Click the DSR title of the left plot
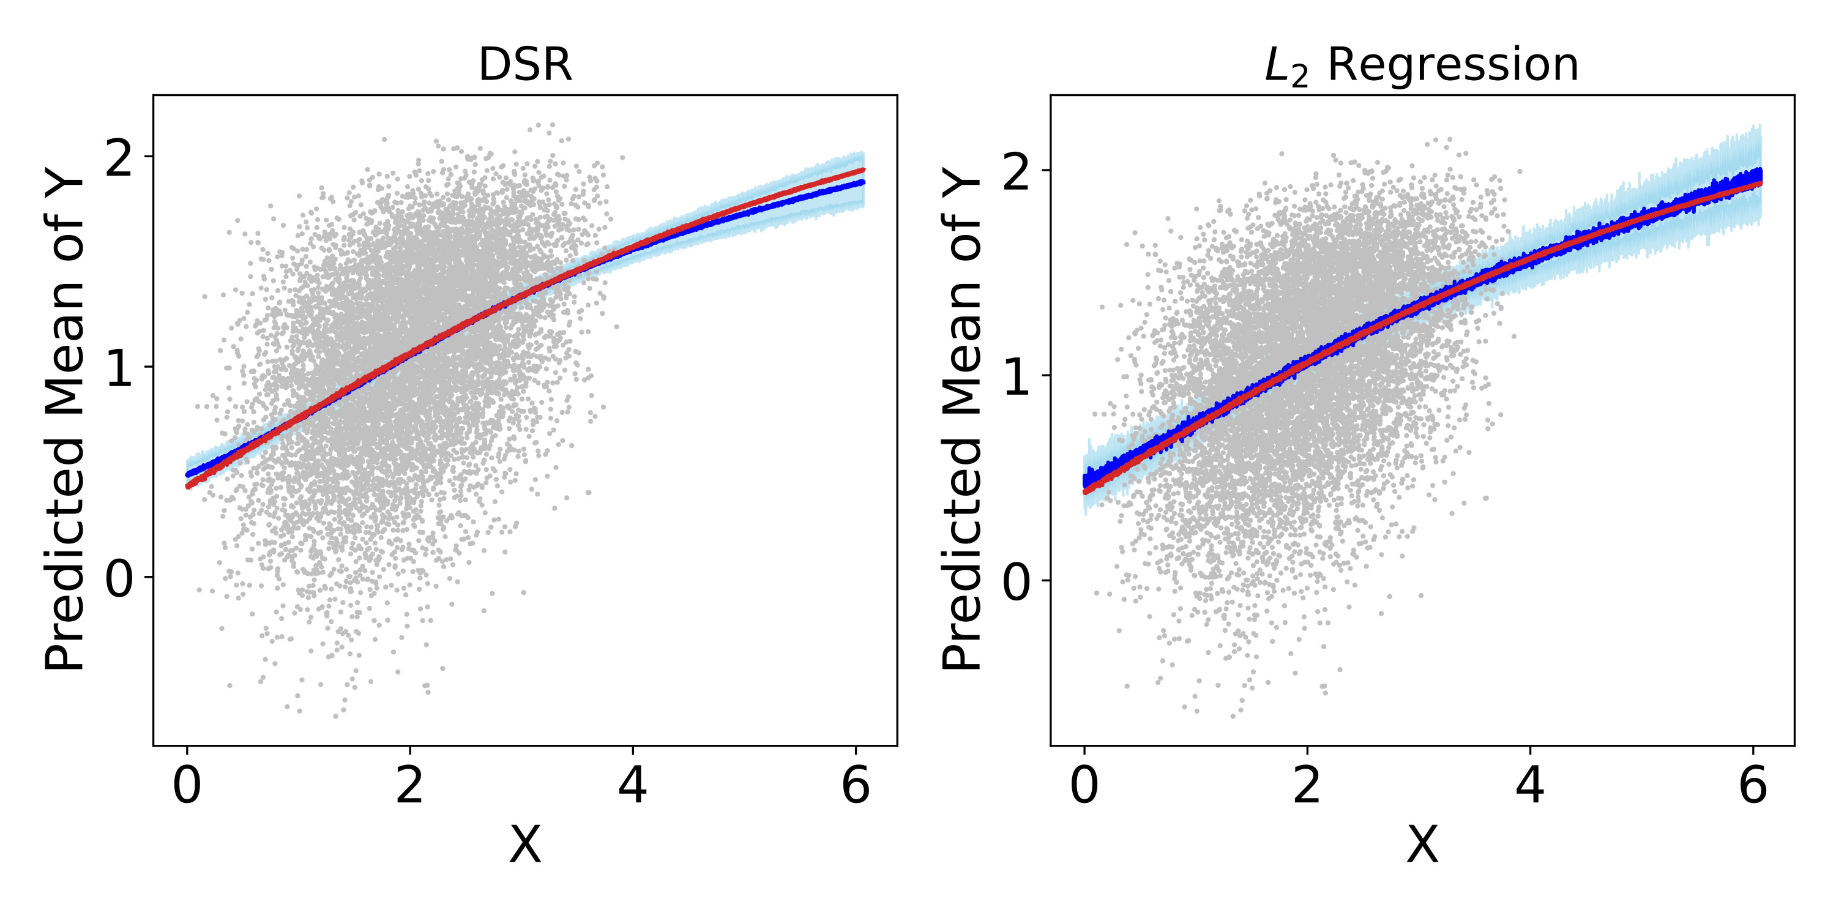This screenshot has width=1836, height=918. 525,65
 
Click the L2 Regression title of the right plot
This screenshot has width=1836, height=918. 1421,66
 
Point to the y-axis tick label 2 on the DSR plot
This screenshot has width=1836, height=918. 120,159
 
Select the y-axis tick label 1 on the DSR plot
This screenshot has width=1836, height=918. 120,368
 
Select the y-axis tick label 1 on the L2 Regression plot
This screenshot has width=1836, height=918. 1017,378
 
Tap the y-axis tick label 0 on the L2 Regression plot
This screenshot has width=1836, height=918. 1017,582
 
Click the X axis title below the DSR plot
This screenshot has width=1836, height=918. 525,846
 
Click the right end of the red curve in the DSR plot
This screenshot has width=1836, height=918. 863,170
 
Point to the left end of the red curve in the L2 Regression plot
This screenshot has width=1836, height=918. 1086,491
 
